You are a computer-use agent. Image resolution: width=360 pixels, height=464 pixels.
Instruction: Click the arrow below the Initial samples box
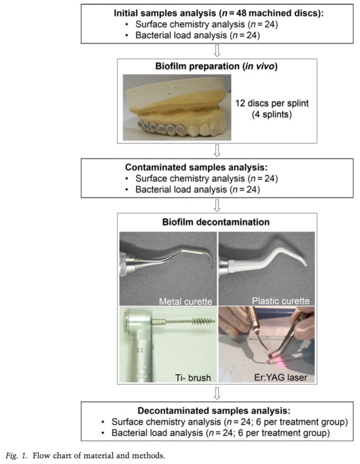point(217,50)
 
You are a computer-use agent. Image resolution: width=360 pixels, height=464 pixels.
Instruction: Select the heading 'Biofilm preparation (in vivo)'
point(217,67)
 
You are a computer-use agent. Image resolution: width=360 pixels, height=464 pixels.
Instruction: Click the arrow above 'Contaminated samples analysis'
point(217,150)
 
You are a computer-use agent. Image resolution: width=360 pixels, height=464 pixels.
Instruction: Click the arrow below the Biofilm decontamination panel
point(217,393)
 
